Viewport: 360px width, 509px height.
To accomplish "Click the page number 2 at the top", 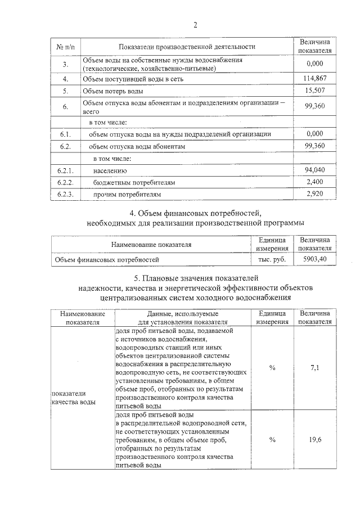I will point(196,25).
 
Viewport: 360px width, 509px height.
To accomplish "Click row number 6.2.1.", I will point(66,170).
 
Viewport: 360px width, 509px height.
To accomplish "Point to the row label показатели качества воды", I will point(73,398).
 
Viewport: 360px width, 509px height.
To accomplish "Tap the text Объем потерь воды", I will point(112,91).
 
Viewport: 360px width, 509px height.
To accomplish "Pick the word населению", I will point(110,170).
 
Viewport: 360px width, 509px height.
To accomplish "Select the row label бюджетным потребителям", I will point(134,183).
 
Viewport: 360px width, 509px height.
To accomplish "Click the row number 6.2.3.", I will point(66,194).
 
